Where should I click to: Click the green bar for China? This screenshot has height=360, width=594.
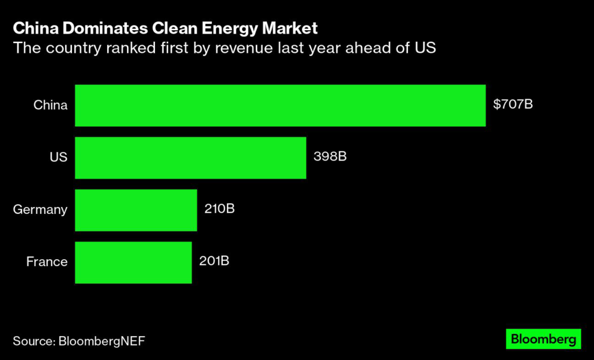click(280, 106)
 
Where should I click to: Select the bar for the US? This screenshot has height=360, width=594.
click(190, 158)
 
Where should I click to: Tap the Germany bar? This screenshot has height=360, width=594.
click(136, 210)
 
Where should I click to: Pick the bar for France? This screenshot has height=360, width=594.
click(133, 262)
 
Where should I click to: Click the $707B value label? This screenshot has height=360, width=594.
click(513, 105)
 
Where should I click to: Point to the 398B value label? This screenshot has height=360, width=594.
click(329, 157)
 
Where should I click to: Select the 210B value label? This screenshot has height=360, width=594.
click(219, 209)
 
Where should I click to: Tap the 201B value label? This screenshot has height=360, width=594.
click(214, 261)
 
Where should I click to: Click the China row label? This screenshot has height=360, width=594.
click(50, 106)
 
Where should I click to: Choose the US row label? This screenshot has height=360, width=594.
click(59, 158)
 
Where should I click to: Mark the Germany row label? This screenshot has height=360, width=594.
click(40, 210)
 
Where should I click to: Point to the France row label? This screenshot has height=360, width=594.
click(47, 262)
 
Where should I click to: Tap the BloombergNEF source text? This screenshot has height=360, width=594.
click(102, 341)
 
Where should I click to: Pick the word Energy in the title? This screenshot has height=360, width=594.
click(223, 28)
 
